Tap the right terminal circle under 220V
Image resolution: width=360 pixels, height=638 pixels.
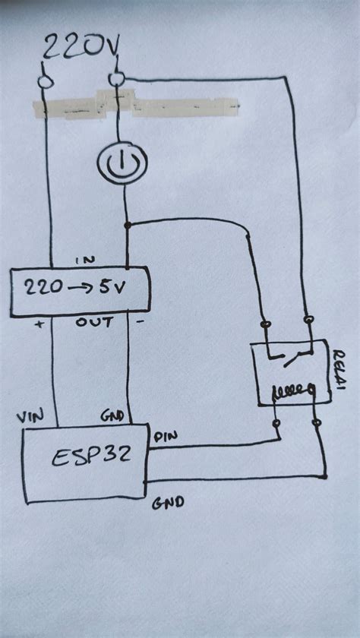pos(115,79)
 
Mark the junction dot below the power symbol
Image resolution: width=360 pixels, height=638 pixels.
pos(127,225)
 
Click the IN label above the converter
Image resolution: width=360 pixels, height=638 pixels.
pos(84,261)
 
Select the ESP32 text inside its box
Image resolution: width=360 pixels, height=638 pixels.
pos(85,457)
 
